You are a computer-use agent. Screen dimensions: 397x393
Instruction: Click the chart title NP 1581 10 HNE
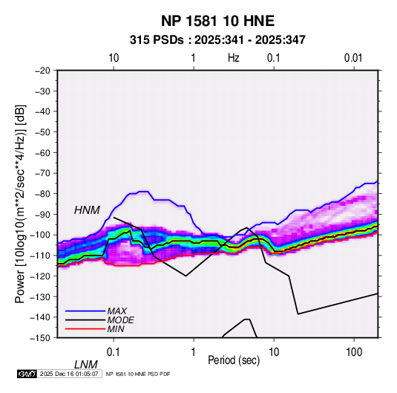coord(217,21)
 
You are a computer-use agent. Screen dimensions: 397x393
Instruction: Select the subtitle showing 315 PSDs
coord(217,40)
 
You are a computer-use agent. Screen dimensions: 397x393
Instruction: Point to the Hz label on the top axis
coord(234,58)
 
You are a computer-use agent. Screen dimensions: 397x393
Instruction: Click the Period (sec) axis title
coord(234,360)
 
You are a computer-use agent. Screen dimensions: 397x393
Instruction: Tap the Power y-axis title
coord(20,204)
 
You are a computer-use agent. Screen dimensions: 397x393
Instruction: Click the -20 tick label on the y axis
coord(42,71)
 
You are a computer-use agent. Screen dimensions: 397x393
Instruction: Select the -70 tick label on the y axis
coord(42,173)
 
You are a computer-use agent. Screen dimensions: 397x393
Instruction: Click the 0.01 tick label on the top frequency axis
coord(353,58)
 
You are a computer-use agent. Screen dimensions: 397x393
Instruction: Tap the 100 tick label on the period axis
coord(354,352)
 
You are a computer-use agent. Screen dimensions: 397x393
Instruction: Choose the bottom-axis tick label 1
coord(194,352)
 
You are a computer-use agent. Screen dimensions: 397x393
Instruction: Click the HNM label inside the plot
coord(87,210)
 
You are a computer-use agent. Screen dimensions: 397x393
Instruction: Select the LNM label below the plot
coord(85,365)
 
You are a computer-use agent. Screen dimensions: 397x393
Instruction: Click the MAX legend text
coord(117,311)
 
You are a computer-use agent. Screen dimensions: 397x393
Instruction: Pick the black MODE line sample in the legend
coord(85,320)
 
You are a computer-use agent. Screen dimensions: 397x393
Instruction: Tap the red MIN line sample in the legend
coord(85,329)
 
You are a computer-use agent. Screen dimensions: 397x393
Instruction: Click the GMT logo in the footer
coord(27,374)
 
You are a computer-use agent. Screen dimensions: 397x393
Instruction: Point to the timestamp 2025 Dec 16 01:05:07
coord(69,374)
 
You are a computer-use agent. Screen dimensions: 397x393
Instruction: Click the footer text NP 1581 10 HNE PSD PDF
coord(138,374)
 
